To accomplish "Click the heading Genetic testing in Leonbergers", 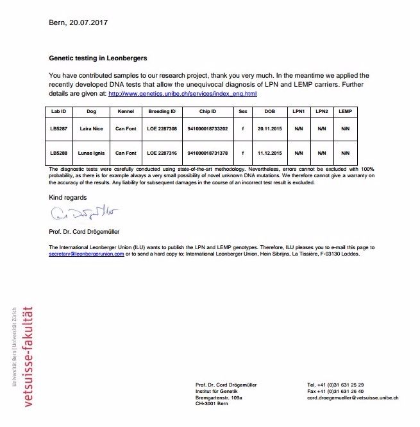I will point(98,57).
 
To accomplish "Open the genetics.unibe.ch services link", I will point(183,94).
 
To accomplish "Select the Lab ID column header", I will point(58,111).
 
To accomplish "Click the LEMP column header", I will point(345,111).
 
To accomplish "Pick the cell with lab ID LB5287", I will point(58,128).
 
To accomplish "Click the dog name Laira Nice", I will point(90,128).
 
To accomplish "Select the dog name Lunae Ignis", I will point(90,153).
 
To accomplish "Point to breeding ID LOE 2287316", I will point(162,153).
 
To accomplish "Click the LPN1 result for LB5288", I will point(298,153).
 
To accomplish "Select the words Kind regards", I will point(67,197).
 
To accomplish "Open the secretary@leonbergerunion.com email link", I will point(86,254).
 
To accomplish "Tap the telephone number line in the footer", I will point(335,385).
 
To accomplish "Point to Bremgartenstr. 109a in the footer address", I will point(219,397).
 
